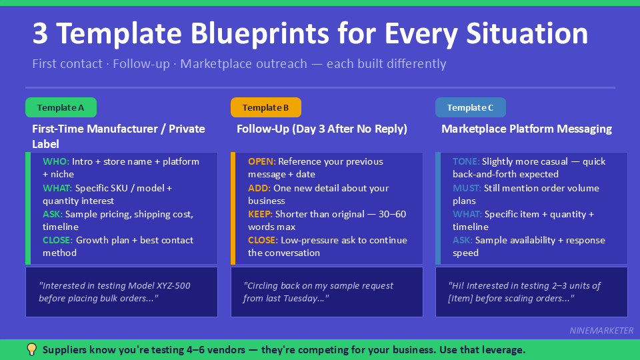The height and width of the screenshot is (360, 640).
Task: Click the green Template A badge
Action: tap(61, 107)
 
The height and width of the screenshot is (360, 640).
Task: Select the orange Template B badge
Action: tap(265, 107)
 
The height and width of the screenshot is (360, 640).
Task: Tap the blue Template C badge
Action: tap(470, 107)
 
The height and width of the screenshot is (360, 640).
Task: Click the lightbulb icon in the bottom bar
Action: tap(31, 349)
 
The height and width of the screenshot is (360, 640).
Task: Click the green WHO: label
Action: tap(55, 161)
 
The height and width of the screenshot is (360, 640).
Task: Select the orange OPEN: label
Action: tap(261, 161)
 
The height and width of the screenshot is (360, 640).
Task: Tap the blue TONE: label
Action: tap(465, 161)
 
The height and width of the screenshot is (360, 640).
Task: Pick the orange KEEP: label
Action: tap(260, 214)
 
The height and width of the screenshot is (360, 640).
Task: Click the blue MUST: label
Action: tap(467, 188)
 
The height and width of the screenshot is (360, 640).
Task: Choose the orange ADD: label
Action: tap(259, 188)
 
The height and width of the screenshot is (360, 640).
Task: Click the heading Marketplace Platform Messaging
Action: tap(526, 129)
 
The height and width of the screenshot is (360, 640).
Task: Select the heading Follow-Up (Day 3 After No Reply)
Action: tap(321, 129)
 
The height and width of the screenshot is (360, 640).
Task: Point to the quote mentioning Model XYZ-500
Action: tap(115, 292)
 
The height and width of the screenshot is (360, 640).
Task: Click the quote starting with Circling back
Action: tap(319, 292)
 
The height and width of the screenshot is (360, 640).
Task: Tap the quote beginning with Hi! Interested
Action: tap(524, 292)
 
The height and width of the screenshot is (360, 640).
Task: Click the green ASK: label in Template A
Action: tap(53, 214)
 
